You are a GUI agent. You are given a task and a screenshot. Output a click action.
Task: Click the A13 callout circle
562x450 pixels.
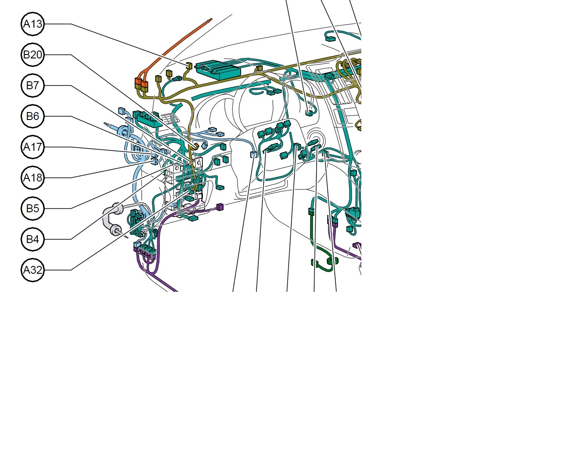tap(32, 24)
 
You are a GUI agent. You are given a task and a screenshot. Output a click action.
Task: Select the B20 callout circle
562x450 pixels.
tap(32, 54)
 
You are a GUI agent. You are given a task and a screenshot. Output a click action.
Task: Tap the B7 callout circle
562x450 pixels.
tap(32, 86)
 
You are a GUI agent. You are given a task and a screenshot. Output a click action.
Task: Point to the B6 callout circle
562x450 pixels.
tap(32, 116)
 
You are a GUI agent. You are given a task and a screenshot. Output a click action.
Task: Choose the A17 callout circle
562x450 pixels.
tap(32, 147)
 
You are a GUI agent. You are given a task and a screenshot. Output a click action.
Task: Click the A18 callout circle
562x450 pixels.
tap(32, 178)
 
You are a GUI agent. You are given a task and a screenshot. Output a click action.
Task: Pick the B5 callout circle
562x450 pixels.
tap(32, 208)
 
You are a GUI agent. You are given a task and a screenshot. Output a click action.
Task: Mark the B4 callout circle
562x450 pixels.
tap(32, 239)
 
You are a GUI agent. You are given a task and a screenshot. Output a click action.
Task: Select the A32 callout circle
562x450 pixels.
tap(32, 270)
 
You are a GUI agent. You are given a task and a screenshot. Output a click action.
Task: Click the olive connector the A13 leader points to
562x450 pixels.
tap(189, 66)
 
